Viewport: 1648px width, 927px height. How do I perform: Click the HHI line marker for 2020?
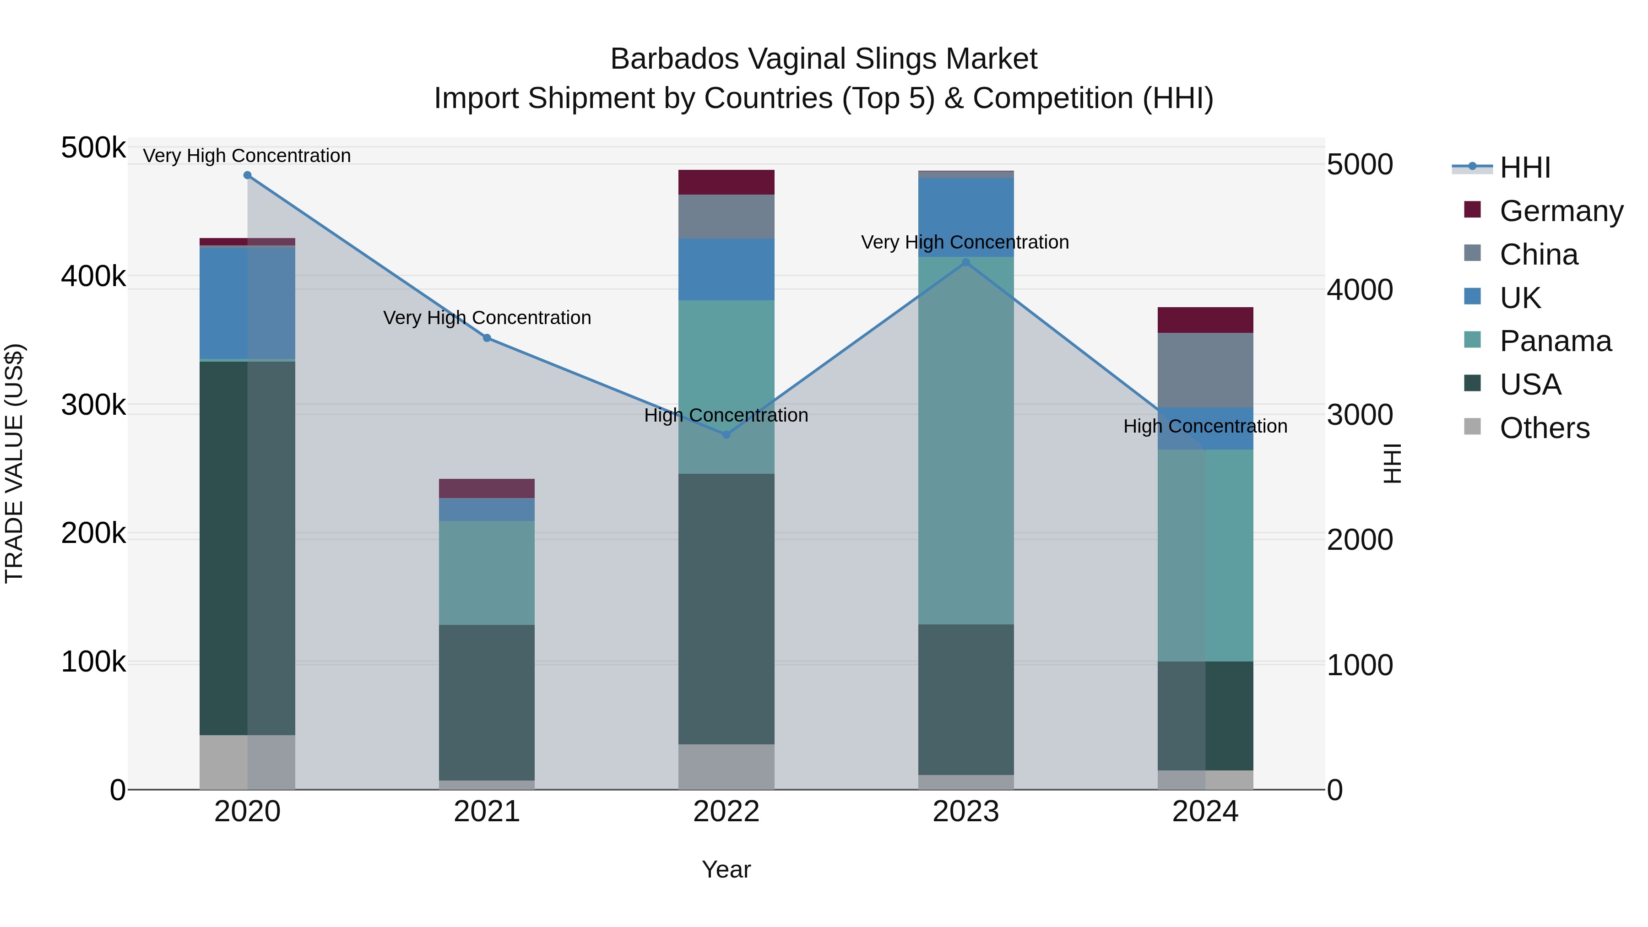coord(248,175)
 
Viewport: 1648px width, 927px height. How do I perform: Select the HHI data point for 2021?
coord(487,338)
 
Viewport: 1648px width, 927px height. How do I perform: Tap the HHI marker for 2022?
coord(726,435)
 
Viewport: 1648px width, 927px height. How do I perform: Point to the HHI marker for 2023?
coord(966,262)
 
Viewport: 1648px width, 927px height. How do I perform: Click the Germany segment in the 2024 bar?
coord(1205,320)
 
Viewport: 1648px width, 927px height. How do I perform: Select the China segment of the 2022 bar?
coord(726,216)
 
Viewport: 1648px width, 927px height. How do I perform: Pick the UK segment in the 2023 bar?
coord(966,217)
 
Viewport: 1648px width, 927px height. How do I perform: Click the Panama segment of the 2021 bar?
coord(487,573)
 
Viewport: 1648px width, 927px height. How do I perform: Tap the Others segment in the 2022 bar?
coord(726,766)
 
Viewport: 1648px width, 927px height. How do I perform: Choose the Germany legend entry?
coord(1561,211)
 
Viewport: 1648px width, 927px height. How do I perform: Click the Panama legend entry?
coord(1555,341)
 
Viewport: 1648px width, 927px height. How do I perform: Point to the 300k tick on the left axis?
coord(93,405)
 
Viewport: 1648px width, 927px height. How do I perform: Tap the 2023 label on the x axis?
coord(966,812)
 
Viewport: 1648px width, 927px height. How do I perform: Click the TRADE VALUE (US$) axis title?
coord(14,463)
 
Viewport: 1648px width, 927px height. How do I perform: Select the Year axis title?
coord(726,869)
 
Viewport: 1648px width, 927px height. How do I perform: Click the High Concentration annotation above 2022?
coord(726,415)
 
